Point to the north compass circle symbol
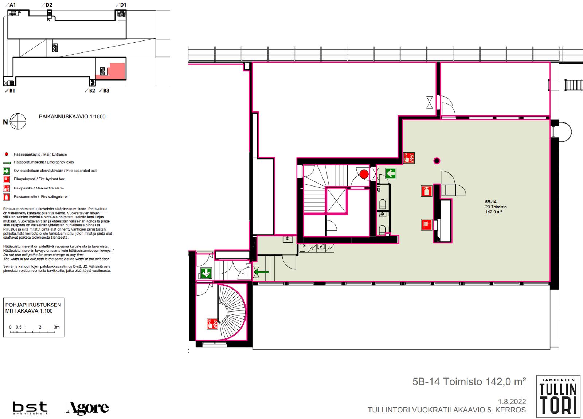(18, 121)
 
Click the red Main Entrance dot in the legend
(7, 154)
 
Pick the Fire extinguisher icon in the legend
(7, 197)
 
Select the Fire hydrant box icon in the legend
(7, 179)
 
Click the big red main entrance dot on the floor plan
(364, 174)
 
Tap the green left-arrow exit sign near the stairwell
(391, 173)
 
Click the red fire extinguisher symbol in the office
(427, 191)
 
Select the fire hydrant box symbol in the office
(427, 224)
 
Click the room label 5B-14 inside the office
(490, 202)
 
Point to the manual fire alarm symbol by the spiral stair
(212, 324)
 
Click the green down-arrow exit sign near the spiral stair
(206, 273)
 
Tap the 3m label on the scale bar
(57, 327)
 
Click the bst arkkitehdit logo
(30, 408)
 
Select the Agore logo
(87, 408)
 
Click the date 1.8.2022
(512, 402)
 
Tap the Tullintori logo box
(559, 396)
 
